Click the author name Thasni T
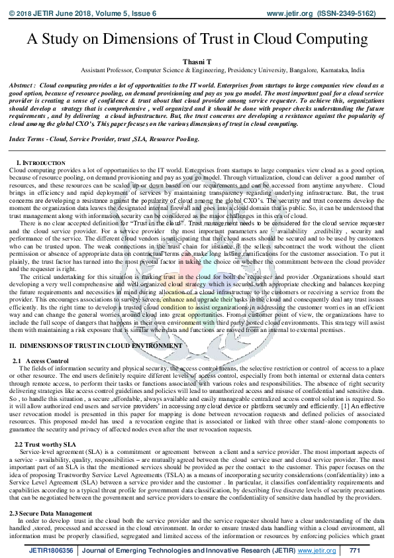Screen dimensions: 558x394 point(197,60)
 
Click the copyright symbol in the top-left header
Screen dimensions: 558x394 point(12,13)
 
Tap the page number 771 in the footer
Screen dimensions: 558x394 point(355,550)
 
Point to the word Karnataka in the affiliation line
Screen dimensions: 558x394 point(336,69)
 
